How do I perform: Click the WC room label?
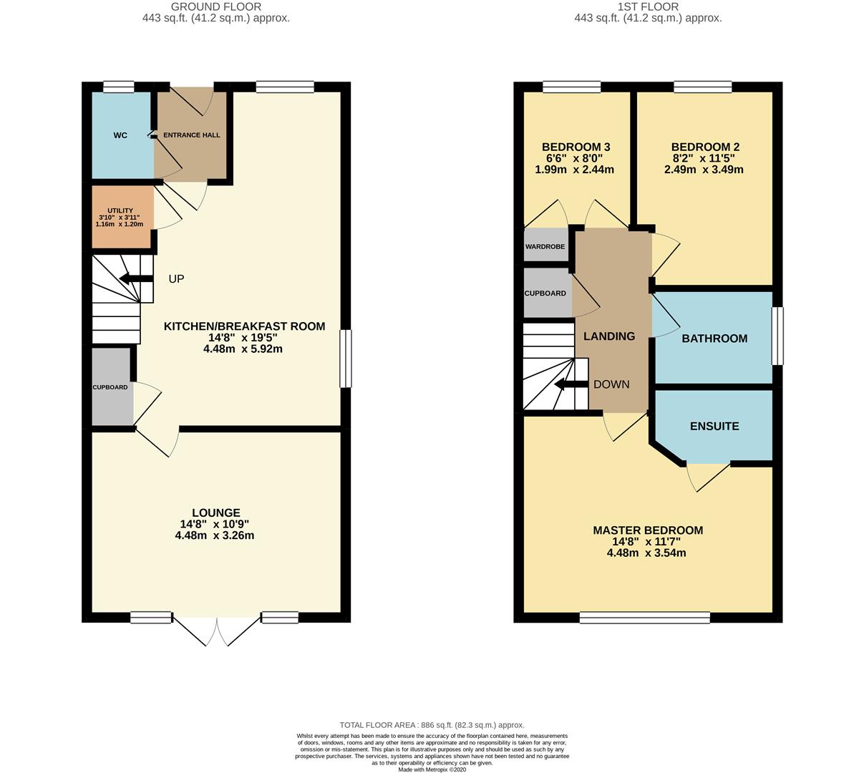120,135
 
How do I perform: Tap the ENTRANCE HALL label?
192,135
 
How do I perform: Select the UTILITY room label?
120,210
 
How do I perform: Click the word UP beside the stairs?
176,279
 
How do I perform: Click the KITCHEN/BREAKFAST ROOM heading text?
244,326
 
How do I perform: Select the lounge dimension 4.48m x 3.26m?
215,535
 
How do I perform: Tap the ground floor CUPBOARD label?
110,387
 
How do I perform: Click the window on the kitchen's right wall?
346,358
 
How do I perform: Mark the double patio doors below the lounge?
217,630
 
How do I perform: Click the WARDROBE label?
545,247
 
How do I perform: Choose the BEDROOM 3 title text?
576,147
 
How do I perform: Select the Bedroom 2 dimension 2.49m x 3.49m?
704,170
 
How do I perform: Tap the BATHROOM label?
714,339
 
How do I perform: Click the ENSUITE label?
714,426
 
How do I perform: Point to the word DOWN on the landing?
611,384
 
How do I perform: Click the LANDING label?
609,336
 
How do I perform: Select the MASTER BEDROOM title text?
648,530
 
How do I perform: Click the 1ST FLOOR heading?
648,7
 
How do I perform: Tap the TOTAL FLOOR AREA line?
432,725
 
